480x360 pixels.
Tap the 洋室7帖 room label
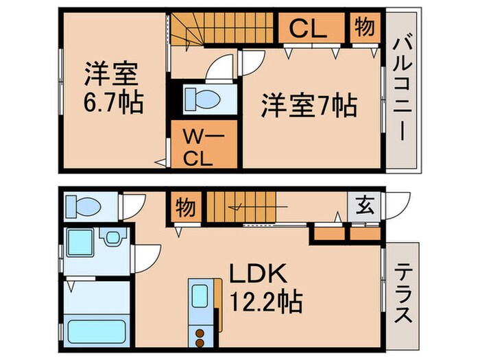[309, 106]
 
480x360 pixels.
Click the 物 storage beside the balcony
[364, 27]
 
